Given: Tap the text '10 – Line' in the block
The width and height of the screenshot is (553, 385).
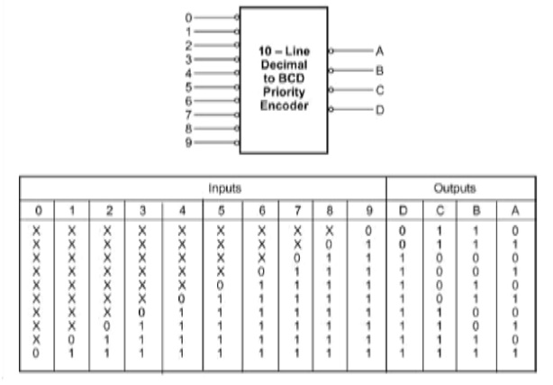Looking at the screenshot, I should coord(283,52).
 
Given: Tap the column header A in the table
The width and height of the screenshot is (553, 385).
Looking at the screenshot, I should coord(513,211).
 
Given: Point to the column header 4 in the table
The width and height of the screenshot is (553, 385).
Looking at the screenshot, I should coord(182,211).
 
